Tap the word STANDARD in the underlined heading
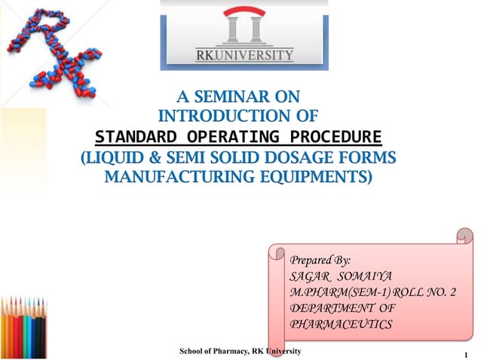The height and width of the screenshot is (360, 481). click(139, 138)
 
